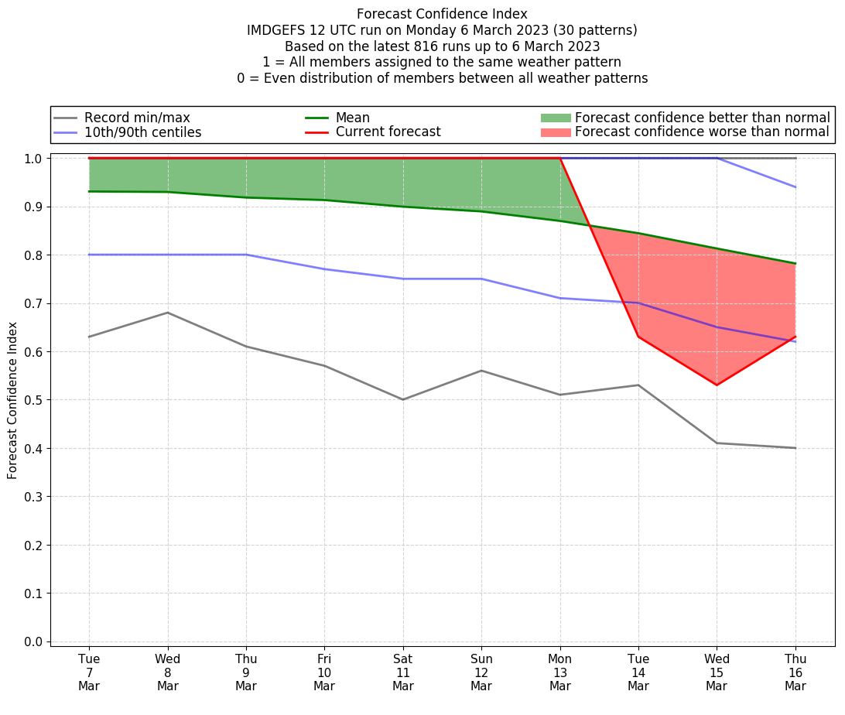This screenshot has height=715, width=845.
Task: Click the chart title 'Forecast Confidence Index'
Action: (x=442, y=14)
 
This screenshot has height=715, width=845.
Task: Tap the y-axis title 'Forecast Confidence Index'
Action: (x=13, y=399)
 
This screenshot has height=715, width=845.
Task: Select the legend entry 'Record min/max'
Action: (x=136, y=118)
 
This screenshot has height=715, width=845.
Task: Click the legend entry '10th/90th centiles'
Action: (x=142, y=132)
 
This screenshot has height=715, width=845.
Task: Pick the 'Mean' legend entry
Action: (x=352, y=118)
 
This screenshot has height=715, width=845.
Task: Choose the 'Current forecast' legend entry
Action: (x=388, y=132)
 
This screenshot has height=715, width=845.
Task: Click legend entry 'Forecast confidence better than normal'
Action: (x=702, y=118)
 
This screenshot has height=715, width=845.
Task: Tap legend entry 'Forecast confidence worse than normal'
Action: (x=702, y=132)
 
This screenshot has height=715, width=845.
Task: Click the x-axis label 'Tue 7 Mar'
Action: (x=89, y=672)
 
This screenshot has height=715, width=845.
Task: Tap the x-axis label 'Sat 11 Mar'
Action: (x=403, y=672)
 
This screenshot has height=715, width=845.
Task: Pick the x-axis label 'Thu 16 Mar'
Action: (x=795, y=672)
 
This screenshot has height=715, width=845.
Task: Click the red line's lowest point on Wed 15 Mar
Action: (x=717, y=385)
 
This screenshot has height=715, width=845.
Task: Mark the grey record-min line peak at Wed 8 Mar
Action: (x=168, y=313)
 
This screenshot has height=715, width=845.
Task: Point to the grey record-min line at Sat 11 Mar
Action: (x=403, y=399)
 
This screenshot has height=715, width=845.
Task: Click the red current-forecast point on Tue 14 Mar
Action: (x=638, y=337)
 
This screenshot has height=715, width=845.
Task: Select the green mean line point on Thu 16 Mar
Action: (x=795, y=264)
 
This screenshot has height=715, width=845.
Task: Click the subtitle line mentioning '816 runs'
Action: (x=442, y=46)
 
